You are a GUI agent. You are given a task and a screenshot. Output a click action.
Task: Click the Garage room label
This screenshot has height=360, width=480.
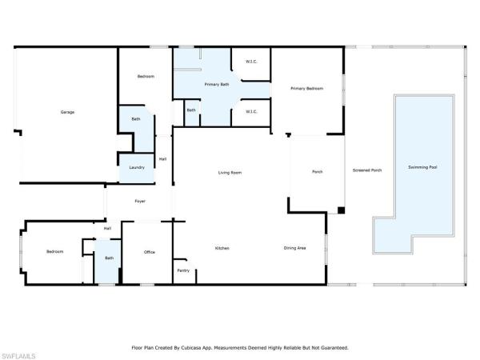coord(67,112)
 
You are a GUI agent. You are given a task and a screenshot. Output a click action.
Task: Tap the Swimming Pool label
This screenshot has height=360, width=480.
coord(422,167)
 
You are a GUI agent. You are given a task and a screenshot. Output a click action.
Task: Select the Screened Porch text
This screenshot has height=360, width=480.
coord(367,170)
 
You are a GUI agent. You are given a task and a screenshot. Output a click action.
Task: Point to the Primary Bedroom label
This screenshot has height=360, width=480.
coord(306,89)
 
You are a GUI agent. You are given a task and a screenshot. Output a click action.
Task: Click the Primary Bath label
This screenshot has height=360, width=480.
coord(217,84)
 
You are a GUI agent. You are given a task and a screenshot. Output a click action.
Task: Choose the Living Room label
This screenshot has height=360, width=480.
coord(230,173)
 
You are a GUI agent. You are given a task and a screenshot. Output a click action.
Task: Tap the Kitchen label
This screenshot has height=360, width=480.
coord(222,248)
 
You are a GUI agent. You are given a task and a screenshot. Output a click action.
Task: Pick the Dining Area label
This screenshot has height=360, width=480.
coord(294,248)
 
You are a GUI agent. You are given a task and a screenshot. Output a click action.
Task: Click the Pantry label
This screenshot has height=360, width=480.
coord(183,270)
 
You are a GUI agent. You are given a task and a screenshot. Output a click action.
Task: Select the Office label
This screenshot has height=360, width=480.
coord(150,252)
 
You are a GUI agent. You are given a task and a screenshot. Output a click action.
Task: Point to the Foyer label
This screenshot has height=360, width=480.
coord(140,201)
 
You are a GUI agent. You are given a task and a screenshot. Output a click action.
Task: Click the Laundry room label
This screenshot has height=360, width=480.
coord(137,167)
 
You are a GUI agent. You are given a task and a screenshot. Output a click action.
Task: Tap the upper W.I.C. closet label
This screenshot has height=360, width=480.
coord(251,62)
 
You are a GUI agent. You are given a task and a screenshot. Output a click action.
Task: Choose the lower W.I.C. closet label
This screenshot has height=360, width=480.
coord(251,112)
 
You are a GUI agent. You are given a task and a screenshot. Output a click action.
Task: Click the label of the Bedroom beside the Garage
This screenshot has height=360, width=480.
coord(146,76)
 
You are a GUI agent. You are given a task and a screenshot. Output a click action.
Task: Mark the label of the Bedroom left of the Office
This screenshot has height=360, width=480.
coord(54,252)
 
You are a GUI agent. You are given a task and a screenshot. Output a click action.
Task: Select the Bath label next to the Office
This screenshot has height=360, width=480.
coord(110,258)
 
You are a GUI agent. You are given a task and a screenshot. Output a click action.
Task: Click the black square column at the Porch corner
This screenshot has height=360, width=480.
coord(342,210)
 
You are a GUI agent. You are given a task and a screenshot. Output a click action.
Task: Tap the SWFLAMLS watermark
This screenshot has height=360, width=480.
coord(18,356)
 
